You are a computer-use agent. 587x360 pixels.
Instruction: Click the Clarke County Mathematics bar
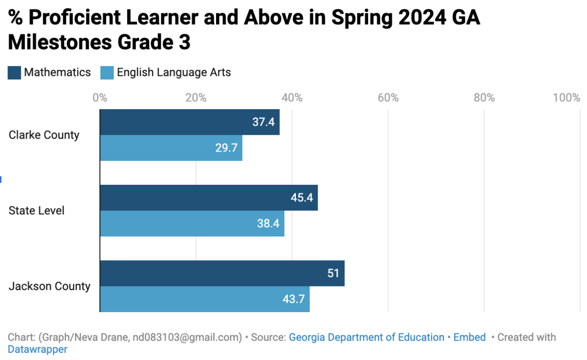pos(189,122)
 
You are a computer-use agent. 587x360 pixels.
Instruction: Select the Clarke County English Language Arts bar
pos(171,148)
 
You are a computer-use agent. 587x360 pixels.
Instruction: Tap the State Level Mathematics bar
pos(208,198)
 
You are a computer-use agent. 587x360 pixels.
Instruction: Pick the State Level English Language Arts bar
pos(192,223)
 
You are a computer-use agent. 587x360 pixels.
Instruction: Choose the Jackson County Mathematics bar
pos(222,273)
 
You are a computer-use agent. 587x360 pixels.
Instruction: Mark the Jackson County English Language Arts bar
pos(205,299)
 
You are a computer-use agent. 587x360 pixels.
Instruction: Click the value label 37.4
pos(263,122)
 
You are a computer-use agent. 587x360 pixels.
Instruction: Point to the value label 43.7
pos(293,299)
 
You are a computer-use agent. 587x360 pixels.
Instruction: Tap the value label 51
pos(333,274)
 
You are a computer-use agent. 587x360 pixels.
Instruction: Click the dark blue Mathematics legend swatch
pos(14,73)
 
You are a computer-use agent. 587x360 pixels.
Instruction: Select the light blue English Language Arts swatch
pos(107,73)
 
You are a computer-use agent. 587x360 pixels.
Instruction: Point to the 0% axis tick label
pos(100,98)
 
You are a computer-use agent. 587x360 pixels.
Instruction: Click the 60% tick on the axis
pos(388,98)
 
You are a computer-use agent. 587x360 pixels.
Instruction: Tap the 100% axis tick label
pos(566,98)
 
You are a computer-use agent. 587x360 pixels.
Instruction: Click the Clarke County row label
pos(44,135)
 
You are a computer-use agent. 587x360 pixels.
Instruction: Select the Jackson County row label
pos(49,286)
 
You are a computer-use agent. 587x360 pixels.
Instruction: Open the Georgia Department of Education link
pos(366,337)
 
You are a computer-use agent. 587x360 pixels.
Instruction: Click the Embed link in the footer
pos(469,337)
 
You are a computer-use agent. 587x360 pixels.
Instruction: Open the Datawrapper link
pos(38,350)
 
